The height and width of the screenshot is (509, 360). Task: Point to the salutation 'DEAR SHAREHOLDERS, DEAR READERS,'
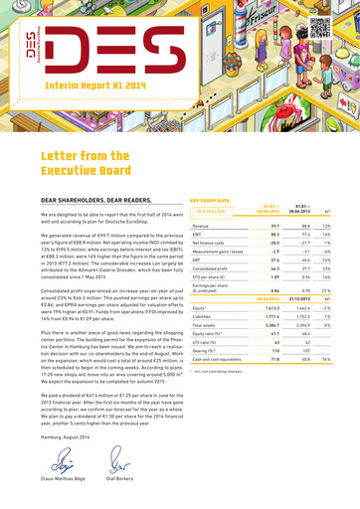point(81,228)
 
